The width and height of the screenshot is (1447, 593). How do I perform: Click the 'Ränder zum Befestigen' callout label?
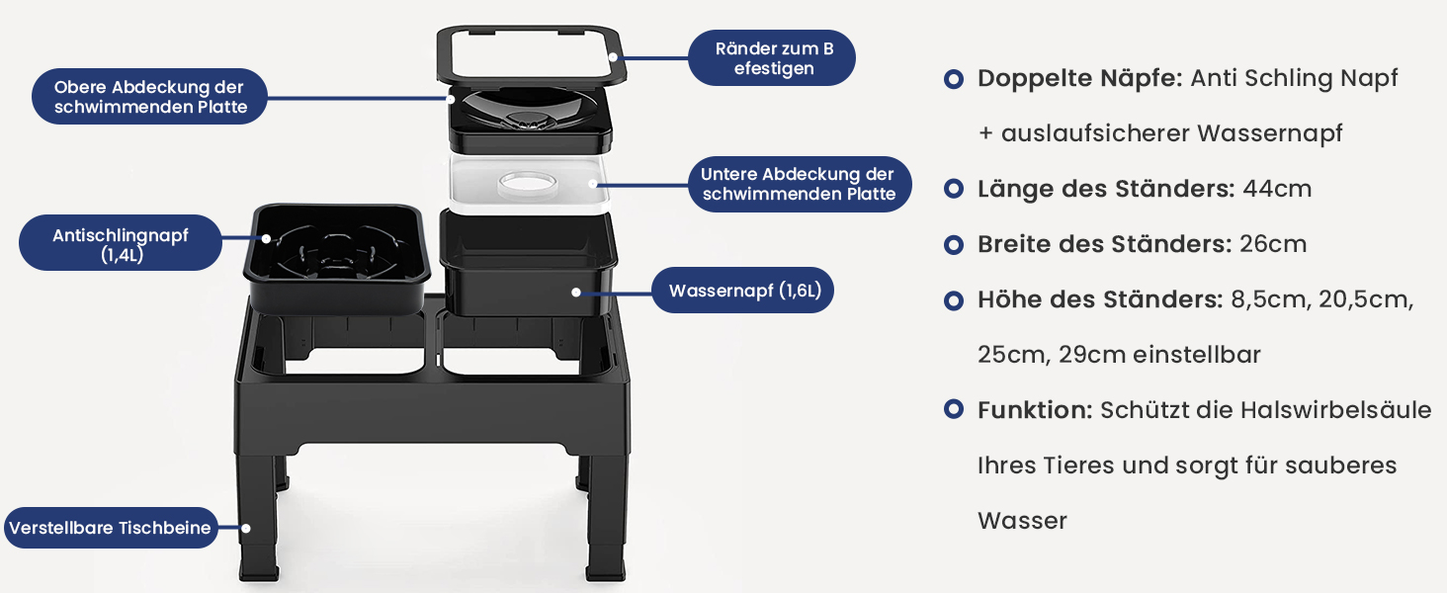click(771, 58)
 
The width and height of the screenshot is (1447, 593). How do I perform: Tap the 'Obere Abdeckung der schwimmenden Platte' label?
click(150, 97)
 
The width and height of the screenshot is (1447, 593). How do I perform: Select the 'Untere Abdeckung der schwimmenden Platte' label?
click(799, 184)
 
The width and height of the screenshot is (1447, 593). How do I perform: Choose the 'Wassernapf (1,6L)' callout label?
click(743, 290)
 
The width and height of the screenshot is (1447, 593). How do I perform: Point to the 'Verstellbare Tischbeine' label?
click(111, 528)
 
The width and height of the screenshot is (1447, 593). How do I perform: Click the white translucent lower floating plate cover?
click(529, 184)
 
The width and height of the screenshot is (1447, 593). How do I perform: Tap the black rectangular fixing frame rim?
click(531, 56)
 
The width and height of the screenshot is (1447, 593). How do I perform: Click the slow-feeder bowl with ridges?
click(337, 257)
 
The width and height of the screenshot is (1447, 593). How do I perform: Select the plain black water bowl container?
click(528, 264)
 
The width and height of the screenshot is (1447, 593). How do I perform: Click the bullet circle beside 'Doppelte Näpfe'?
click(954, 79)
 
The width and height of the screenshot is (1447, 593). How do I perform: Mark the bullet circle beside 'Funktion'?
click(954, 409)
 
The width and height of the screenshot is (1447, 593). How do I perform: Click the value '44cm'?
click(1277, 189)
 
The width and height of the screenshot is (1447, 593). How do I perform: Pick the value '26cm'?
click(1273, 244)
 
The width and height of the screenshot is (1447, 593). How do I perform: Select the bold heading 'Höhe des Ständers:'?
click(1100, 299)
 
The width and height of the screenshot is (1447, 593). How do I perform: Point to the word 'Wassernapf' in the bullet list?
click(1269, 134)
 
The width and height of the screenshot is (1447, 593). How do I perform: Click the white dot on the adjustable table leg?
click(246, 529)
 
